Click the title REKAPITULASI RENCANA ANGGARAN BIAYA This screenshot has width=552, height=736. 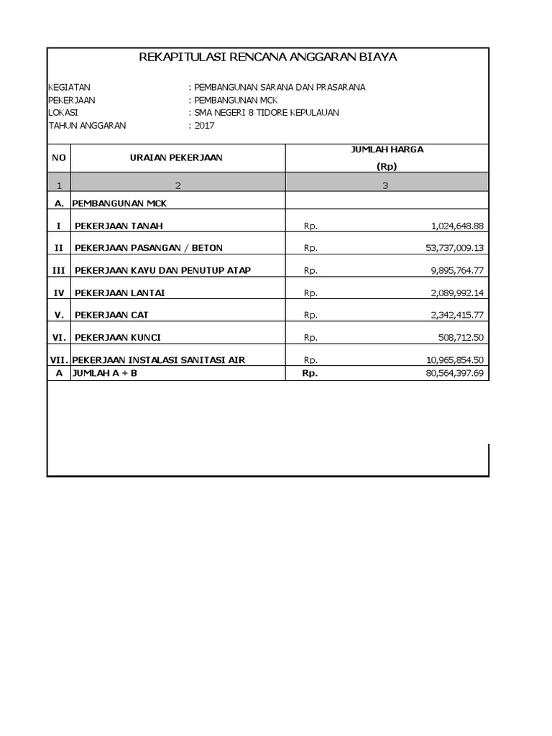pyautogui.click(x=267, y=57)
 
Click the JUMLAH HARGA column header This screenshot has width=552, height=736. pyautogui.click(x=386, y=149)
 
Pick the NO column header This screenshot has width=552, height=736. pyautogui.click(x=58, y=157)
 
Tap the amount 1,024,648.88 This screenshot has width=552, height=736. pyautogui.click(x=457, y=226)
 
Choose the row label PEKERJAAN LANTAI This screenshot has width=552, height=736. pyautogui.click(x=114, y=293)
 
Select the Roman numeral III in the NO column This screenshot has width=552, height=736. pyautogui.click(x=58, y=270)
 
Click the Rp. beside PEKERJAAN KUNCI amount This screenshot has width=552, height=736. pyautogui.click(x=310, y=337)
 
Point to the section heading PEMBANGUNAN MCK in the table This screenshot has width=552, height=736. pyautogui.click(x=119, y=203)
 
